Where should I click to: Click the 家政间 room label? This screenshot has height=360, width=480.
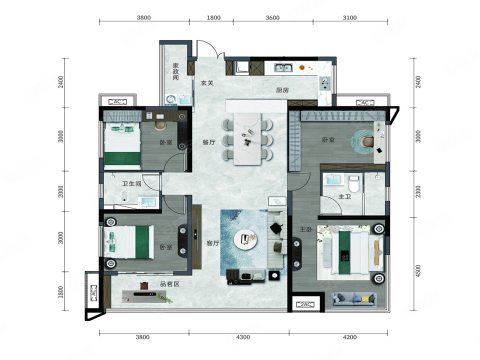[175, 71]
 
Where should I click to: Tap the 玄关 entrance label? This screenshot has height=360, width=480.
[207, 83]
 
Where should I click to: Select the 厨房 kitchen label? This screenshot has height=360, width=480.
[282, 90]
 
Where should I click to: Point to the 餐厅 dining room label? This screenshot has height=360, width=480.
[209, 142]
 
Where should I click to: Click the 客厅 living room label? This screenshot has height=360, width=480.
[213, 243]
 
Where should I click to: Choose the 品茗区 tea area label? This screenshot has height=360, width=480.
[170, 284]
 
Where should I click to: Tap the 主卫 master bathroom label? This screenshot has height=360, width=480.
[344, 196]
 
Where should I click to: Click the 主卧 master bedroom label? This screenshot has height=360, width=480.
[306, 229]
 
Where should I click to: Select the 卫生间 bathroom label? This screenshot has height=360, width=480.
[131, 183]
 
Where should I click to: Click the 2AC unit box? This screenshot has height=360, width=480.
[306, 304]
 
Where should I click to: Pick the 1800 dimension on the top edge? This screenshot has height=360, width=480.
[213, 18]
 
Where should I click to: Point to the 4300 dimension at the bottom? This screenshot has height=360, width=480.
[243, 337]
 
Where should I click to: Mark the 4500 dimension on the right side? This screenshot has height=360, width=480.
[418, 271]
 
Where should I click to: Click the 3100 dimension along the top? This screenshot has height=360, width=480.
[349, 18]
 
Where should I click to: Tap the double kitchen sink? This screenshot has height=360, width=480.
[283, 67]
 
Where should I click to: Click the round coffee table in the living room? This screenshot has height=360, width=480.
[245, 239]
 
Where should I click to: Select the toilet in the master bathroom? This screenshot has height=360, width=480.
[353, 183]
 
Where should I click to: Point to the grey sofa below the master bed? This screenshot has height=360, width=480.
[354, 299]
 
